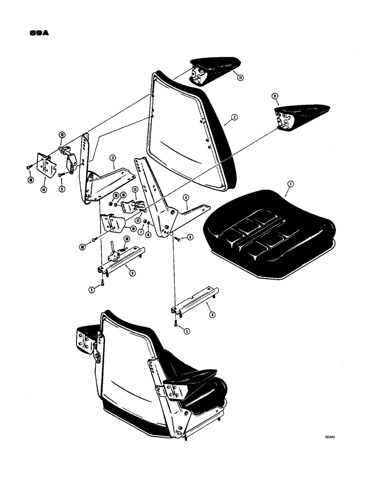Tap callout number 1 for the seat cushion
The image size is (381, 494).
[x=291, y=184]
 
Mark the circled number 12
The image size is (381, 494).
[x=62, y=134]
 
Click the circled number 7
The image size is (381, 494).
[x=141, y=232]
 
